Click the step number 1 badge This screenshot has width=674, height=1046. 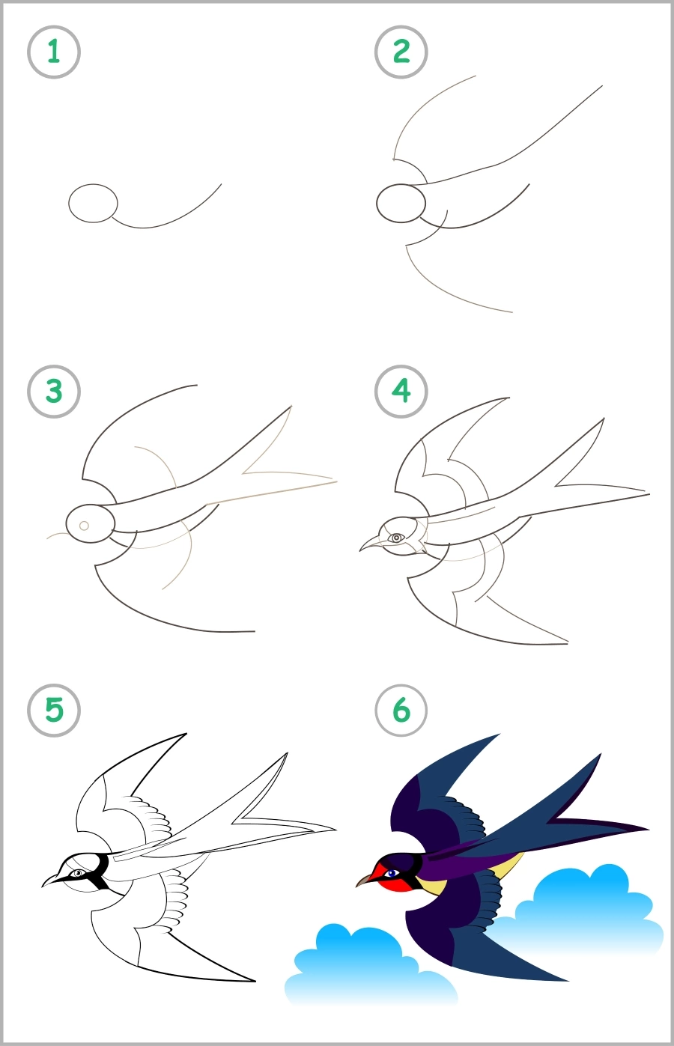tap(53, 52)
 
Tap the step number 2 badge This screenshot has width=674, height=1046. tap(401, 52)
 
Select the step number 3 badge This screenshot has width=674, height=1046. tap(53, 391)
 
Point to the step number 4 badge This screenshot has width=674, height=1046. tap(401, 391)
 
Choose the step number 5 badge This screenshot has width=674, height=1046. tap(53, 710)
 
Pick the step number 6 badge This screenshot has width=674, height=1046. tap(401, 710)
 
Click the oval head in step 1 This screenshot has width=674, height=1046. tap(93, 203)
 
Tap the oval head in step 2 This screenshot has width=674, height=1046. tap(401, 203)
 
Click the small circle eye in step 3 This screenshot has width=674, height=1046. tap(84, 526)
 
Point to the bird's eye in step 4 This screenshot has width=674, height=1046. tap(396, 538)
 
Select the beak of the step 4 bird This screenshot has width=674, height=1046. tap(371, 544)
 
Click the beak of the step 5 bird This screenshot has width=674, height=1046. tap(53, 879)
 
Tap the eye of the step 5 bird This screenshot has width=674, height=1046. tap(77, 873)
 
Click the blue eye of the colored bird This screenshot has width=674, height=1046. tap(390, 873)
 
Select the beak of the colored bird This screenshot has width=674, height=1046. tap(365, 880)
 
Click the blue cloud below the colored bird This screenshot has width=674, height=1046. tap(359, 966)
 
